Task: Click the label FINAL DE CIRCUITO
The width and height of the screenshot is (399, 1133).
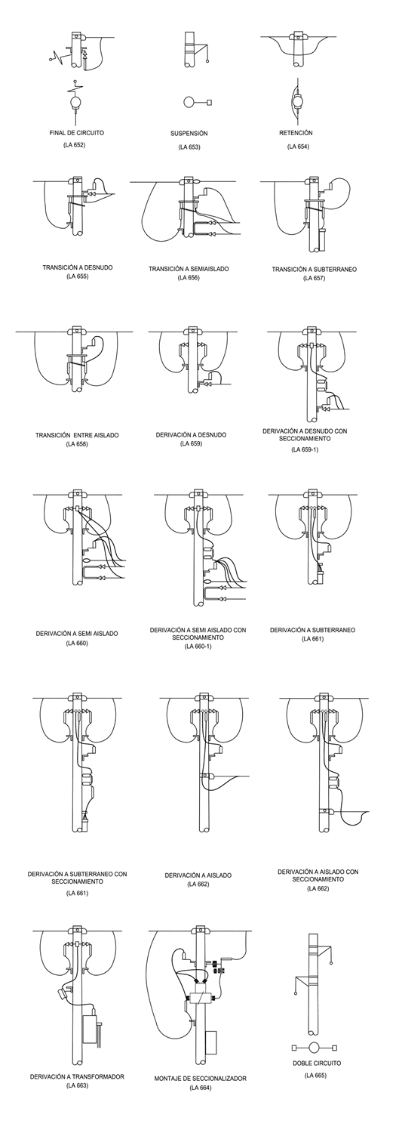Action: (77, 133)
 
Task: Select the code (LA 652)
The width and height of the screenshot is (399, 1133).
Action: (75, 145)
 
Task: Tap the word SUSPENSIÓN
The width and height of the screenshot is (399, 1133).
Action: (189, 134)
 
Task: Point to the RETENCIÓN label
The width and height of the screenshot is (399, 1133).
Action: (296, 133)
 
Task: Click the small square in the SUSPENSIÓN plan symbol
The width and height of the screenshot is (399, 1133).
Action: (208, 102)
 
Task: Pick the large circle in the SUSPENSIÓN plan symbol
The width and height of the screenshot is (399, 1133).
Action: (188, 102)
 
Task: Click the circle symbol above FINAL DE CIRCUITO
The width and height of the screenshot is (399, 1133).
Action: (76, 102)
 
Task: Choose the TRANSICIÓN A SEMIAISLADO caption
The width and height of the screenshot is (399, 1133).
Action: (189, 269)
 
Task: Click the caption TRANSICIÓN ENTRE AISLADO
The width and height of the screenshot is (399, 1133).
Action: (77, 435)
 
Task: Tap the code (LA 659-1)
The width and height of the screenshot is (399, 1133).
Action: (305, 449)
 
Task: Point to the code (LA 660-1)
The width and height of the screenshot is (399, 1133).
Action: (198, 646)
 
